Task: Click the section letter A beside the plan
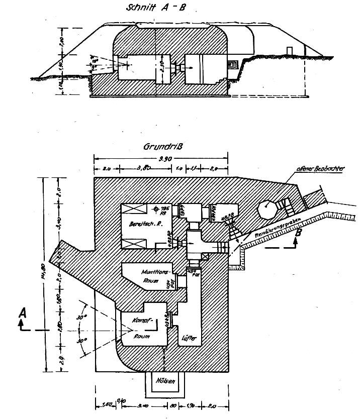22,313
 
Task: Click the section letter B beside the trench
299,234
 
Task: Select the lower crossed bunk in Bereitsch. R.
133,244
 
